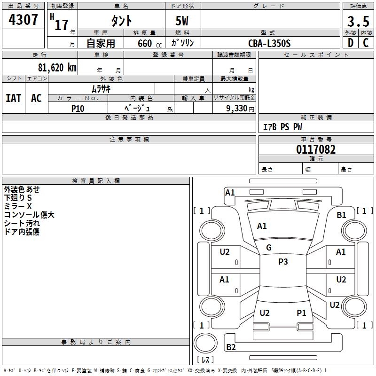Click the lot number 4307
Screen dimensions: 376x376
point(23,20)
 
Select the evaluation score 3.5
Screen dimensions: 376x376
point(358,22)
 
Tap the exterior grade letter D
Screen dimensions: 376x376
point(350,43)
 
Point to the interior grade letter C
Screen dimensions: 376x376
point(366,43)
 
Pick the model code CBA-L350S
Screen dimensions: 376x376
point(269,43)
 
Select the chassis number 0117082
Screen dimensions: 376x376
point(316,150)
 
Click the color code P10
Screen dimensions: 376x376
point(78,108)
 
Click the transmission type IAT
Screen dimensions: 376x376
point(13,98)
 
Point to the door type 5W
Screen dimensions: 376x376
point(183,22)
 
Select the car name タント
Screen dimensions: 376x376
point(121,22)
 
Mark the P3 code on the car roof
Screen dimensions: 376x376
point(283,262)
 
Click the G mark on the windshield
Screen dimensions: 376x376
point(269,248)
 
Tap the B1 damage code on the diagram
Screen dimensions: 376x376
point(342,215)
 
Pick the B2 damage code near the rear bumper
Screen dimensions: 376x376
point(231,347)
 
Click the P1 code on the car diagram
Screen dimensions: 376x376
point(301,313)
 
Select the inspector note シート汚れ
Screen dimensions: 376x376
point(22,223)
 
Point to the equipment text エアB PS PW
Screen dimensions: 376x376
point(282,127)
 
